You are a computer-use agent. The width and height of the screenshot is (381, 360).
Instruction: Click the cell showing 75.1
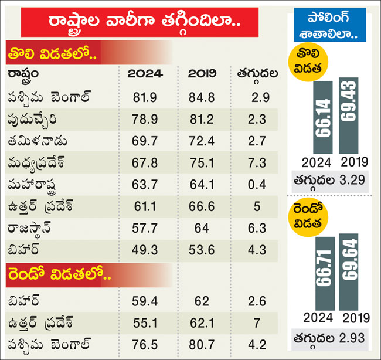click(202, 161)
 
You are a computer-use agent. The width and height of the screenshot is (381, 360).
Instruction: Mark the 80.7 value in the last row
click(202, 344)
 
